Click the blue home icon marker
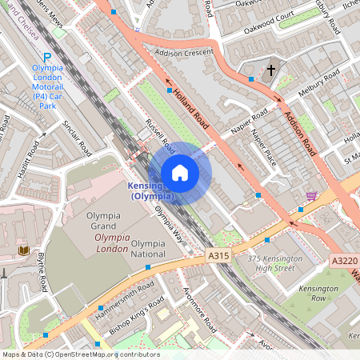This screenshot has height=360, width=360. (x=180, y=172)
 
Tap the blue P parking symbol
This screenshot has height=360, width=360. (x=47, y=57)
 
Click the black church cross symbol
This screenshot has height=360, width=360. (x=270, y=70)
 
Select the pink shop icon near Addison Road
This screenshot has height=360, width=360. (x=311, y=195)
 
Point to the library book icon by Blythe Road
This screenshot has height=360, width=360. (x=23, y=251)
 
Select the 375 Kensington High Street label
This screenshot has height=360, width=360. (x=275, y=263)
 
